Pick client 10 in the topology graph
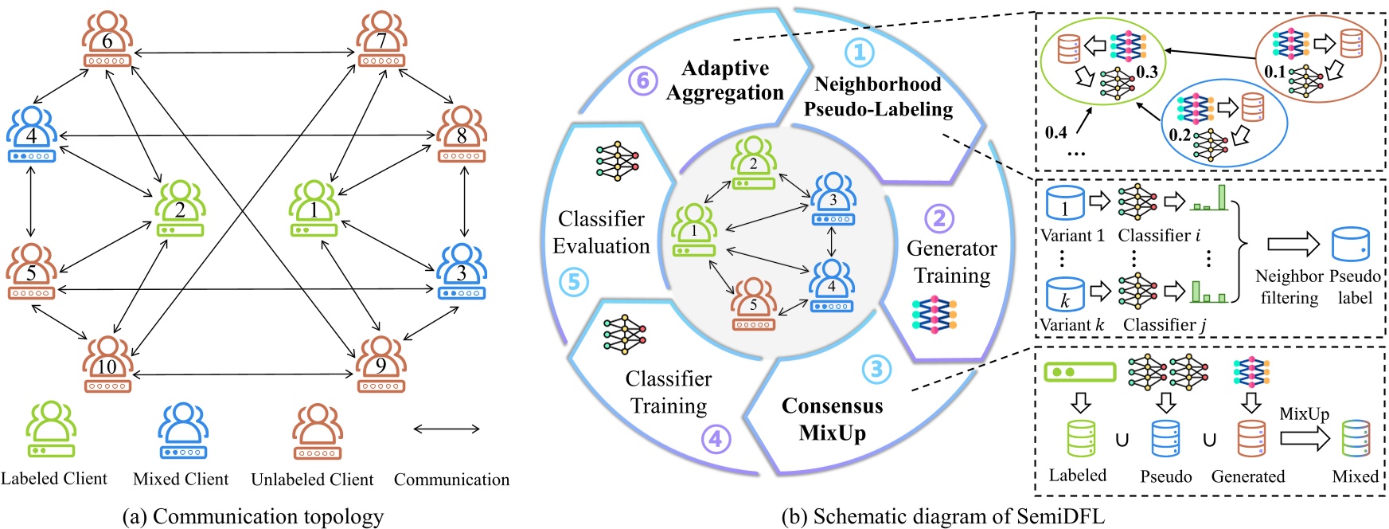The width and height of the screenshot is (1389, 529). (x=107, y=366)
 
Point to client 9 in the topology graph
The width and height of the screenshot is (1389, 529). (x=381, y=366)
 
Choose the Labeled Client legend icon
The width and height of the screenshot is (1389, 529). (x=52, y=429)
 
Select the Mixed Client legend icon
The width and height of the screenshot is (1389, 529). (x=183, y=430)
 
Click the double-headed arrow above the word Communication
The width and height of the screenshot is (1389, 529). (x=447, y=429)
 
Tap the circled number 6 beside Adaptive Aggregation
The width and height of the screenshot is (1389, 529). (x=643, y=80)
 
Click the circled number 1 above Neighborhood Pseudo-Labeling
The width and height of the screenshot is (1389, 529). (x=859, y=53)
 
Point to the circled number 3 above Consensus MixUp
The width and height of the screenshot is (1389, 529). (x=876, y=369)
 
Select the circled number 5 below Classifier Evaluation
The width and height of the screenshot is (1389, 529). (x=574, y=282)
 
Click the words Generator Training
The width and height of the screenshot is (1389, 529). (x=952, y=262)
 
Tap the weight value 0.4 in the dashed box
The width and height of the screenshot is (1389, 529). (x=1056, y=132)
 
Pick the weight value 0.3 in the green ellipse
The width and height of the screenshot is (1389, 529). (x=1147, y=72)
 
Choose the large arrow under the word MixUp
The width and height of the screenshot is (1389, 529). (x=1304, y=438)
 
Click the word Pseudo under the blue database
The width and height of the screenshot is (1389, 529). (x=1166, y=476)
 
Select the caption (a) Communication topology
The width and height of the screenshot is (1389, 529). (x=252, y=516)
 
